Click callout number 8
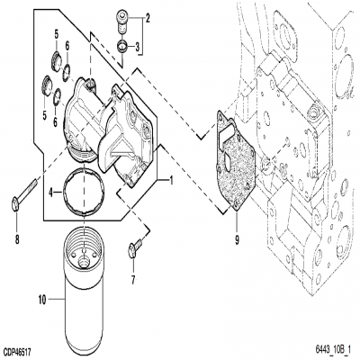(x=16, y=238)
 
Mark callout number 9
(x=237, y=239)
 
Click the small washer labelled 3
(x=123, y=44)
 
